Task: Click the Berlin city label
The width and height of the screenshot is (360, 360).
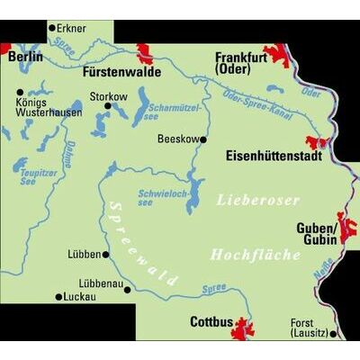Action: coord(24,57)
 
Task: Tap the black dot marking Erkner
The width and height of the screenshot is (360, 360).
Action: coord(52,29)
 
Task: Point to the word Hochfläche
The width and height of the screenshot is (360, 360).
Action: coord(255,256)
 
